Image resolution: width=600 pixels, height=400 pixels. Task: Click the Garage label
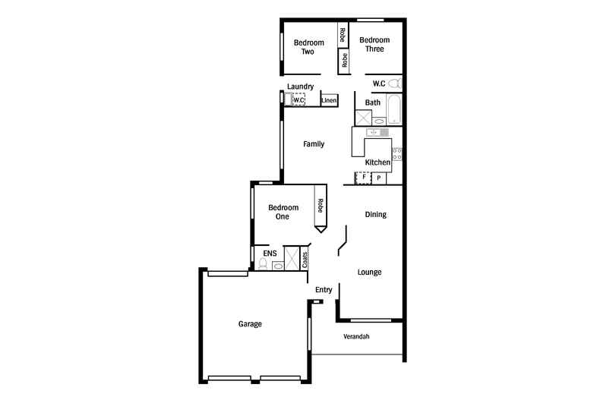[250, 324]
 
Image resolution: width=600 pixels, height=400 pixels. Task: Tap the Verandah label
[356, 336]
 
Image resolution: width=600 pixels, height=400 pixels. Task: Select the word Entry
[324, 289]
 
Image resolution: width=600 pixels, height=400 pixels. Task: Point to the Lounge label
[369, 272]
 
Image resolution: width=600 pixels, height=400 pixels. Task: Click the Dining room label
[375, 214]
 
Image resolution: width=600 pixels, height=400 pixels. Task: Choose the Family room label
[314, 143]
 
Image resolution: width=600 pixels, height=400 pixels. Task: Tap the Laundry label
[300, 87]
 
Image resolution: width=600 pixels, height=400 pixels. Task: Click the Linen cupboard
[329, 100]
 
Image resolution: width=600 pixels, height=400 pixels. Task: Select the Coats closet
[305, 257]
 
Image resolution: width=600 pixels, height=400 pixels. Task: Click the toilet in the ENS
[263, 265]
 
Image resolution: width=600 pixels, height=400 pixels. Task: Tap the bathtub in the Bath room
[393, 111]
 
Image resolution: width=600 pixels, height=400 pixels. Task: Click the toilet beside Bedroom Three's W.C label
[395, 83]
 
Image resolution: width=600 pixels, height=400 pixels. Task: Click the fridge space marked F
[364, 178]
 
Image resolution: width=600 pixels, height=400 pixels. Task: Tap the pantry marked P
[378, 178]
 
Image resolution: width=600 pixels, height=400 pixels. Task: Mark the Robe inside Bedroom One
[321, 208]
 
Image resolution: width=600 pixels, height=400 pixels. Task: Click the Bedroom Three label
[374, 45]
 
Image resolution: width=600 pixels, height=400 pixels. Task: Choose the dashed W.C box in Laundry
[298, 100]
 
